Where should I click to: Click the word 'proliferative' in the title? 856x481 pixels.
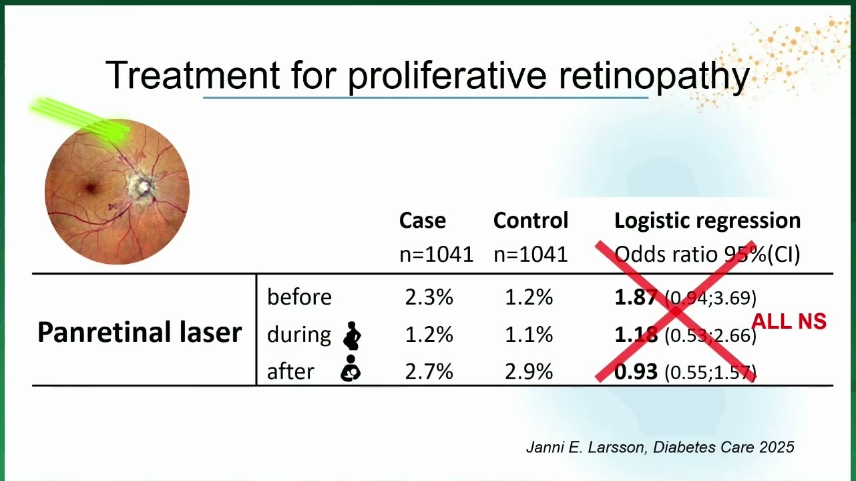click(x=447, y=75)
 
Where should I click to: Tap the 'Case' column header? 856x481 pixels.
click(x=422, y=220)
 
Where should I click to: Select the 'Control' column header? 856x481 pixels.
click(x=531, y=220)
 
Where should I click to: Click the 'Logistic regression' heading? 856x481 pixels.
click(x=707, y=221)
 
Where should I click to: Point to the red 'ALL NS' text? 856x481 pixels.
click(x=789, y=321)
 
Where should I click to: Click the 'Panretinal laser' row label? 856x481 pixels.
click(x=140, y=332)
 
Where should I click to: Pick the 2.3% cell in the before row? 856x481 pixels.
click(x=429, y=297)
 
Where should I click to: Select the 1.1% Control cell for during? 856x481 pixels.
click(x=529, y=335)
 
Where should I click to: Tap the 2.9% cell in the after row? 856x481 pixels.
click(x=529, y=371)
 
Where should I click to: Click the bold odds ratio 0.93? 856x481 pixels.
click(x=636, y=371)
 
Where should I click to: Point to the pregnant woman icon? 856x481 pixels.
click(x=352, y=336)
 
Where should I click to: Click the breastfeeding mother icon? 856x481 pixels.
click(x=351, y=368)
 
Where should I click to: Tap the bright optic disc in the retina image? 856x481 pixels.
click(x=142, y=186)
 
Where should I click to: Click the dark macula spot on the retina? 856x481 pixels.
click(x=91, y=188)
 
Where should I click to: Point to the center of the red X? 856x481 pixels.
click(x=676, y=311)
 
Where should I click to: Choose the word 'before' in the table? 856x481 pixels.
click(x=299, y=297)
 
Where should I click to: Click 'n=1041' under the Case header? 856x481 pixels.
click(x=437, y=255)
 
